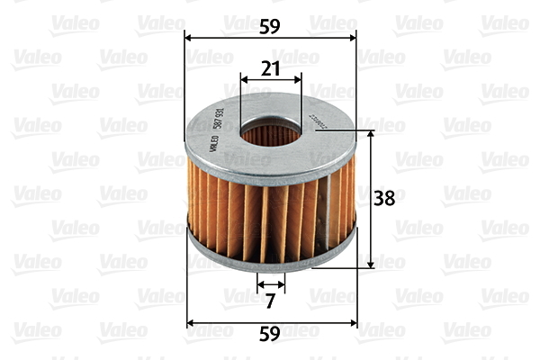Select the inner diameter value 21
click(x=270, y=67)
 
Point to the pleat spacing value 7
click(x=270, y=300)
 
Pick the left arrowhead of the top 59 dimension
click(x=188, y=37)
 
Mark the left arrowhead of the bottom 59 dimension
click(x=190, y=320)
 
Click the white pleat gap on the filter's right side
click(x=334, y=202)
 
